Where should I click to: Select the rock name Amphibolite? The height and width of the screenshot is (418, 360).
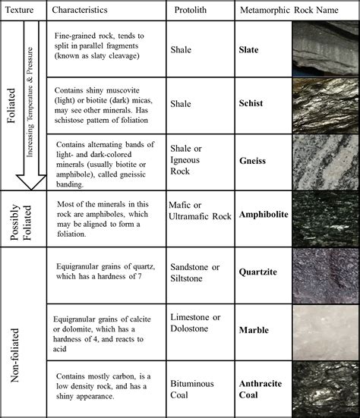point(264,215)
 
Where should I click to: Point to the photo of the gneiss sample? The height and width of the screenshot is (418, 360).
point(325,161)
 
